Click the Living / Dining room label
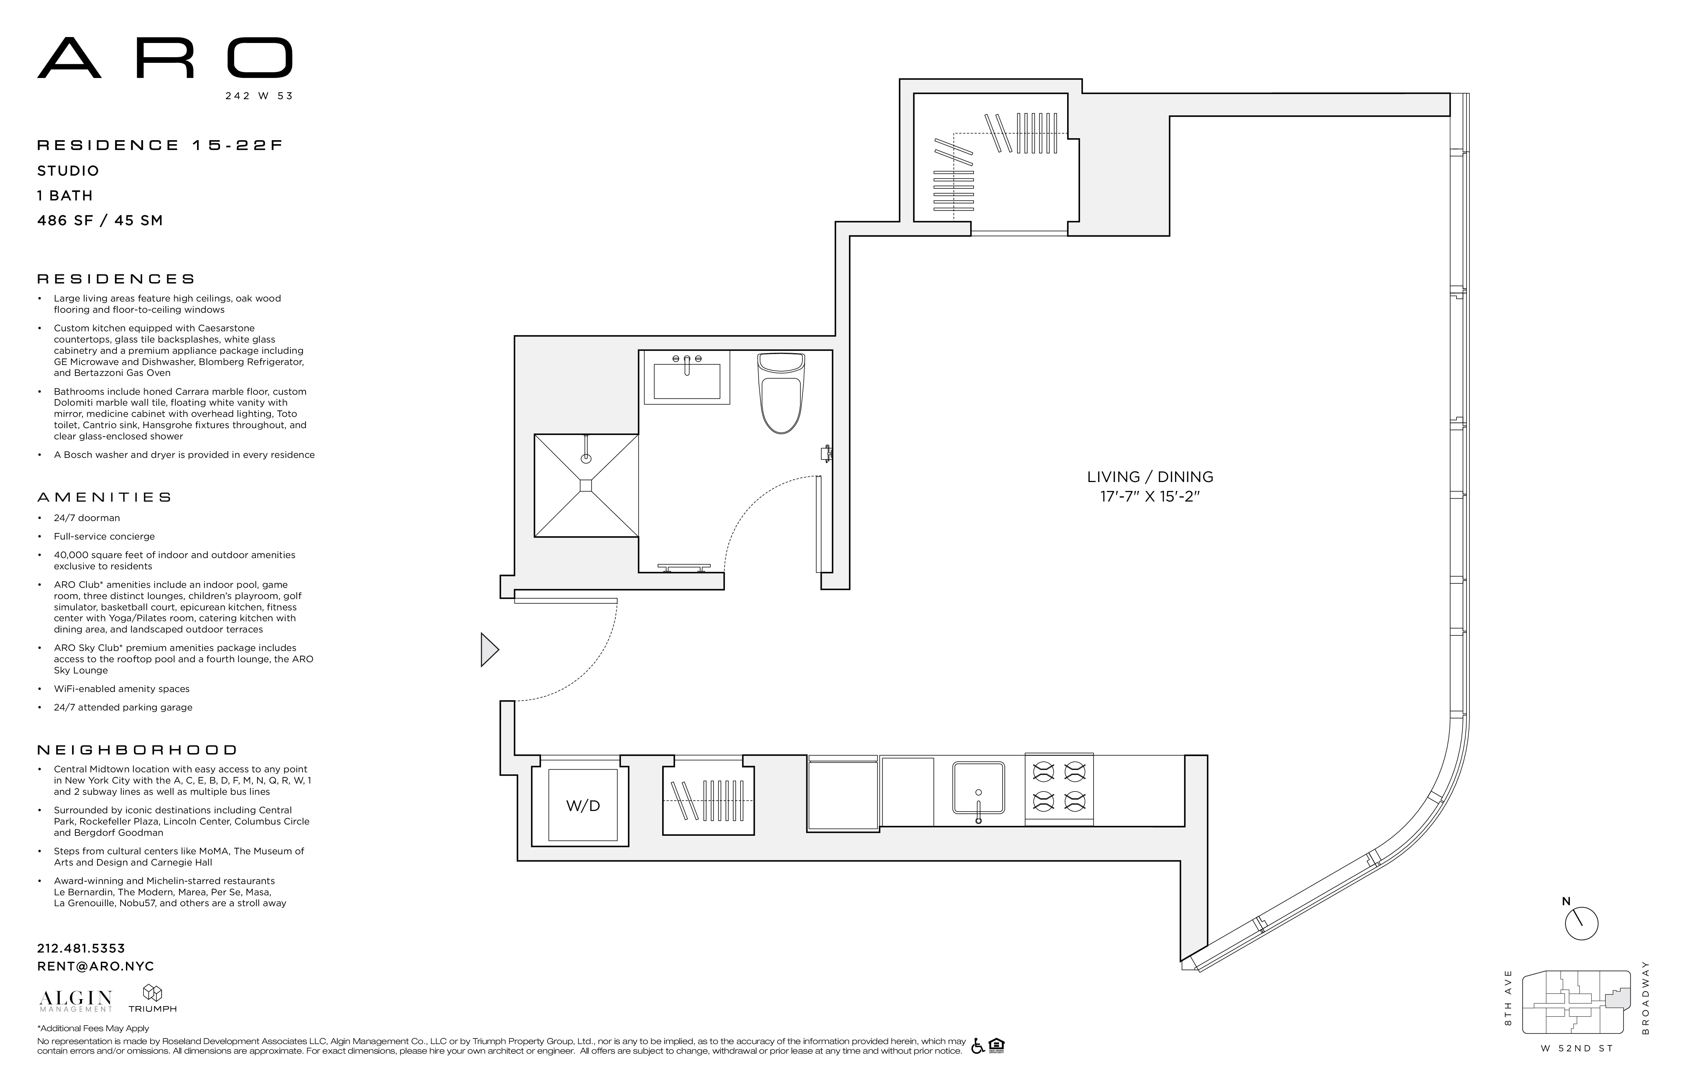pos(1150,477)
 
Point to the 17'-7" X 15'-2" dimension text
pos(1150,497)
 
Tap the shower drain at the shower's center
pos(586,485)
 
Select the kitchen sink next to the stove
pos(978,788)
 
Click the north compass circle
pos(1581,924)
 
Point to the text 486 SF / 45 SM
pos(100,220)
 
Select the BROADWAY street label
pos(1646,997)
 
